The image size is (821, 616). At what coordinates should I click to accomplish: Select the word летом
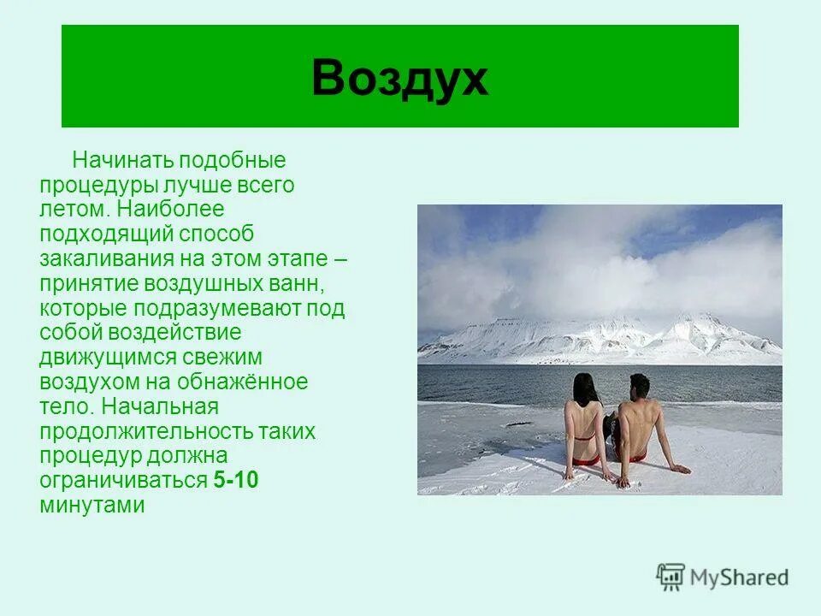(x=74, y=210)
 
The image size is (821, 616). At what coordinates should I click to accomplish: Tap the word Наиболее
(x=170, y=210)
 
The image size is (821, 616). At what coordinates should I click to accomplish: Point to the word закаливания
(x=104, y=258)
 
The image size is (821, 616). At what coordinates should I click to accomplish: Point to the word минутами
(x=92, y=505)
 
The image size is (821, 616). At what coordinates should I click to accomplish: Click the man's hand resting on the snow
(x=680, y=469)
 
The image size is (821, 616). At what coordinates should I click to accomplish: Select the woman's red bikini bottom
(x=585, y=460)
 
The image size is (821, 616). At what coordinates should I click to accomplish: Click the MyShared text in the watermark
(x=740, y=577)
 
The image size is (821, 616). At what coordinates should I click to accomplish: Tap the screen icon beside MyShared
(x=671, y=577)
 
